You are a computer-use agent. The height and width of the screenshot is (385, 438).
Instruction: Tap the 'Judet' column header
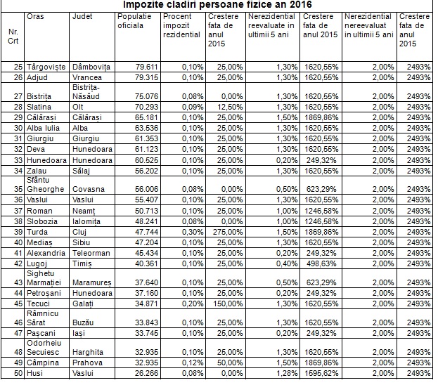pyautogui.click(x=82, y=15)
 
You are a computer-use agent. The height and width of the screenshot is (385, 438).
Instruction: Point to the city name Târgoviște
pyautogui.click(x=46, y=67)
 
